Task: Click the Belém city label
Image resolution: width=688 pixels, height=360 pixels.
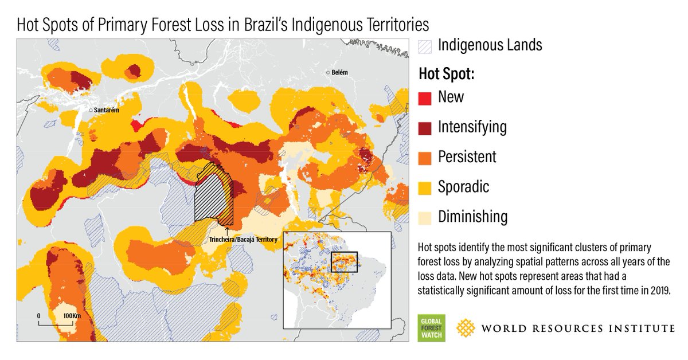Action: pyautogui.click(x=340, y=73)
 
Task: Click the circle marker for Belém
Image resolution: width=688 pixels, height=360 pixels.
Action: pyautogui.click(x=328, y=73)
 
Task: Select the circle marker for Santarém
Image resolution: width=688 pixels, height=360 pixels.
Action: pyautogui.click(x=91, y=109)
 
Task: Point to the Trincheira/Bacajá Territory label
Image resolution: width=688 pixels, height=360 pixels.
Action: pyautogui.click(x=243, y=239)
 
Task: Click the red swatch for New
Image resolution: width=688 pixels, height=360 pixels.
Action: pyautogui.click(x=424, y=97)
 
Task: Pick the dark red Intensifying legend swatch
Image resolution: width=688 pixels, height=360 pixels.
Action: pyautogui.click(x=424, y=127)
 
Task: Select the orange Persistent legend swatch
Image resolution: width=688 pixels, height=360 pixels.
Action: pyautogui.click(x=424, y=157)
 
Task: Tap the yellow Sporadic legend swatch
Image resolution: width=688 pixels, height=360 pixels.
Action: pyautogui.click(x=424, y=187)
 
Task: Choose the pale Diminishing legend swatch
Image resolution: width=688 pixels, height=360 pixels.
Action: pyautogui.click(x=424, y=217)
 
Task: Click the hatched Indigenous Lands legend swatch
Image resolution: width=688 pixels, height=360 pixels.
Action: pyautogui.click(x=424, y=46)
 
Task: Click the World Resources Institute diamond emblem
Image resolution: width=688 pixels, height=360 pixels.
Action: pyautogui.click(x=465, y=328)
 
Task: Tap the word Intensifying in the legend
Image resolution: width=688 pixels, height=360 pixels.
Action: pyautogui.click(x=472, y=127)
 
